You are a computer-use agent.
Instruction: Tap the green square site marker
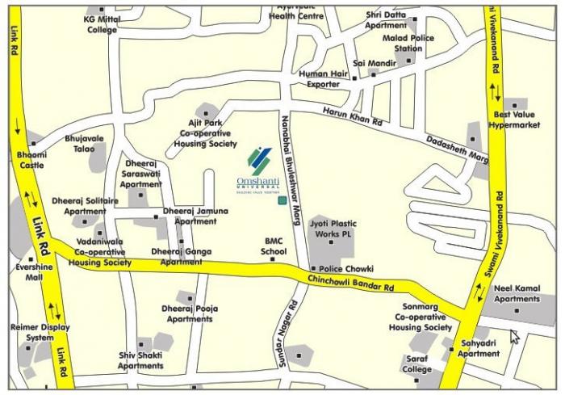coord(282,200)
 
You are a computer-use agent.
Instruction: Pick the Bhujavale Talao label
coord(85,143)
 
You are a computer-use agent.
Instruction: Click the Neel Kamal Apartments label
coord(517,292)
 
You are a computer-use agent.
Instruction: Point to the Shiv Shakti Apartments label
coord(140,360)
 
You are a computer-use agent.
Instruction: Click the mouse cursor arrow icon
coord(514,335)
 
